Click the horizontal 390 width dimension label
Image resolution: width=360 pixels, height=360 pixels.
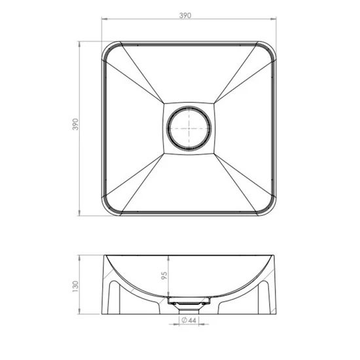pos(185,16)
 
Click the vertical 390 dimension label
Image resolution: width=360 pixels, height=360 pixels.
pos(75,124)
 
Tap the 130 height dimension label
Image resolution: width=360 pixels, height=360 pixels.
pos(75,286)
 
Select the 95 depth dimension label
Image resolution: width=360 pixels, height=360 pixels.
pos(164,276)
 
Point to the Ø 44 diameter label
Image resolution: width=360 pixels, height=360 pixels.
pos(189,320)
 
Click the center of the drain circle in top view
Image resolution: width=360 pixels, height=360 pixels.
pos(189,128)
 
